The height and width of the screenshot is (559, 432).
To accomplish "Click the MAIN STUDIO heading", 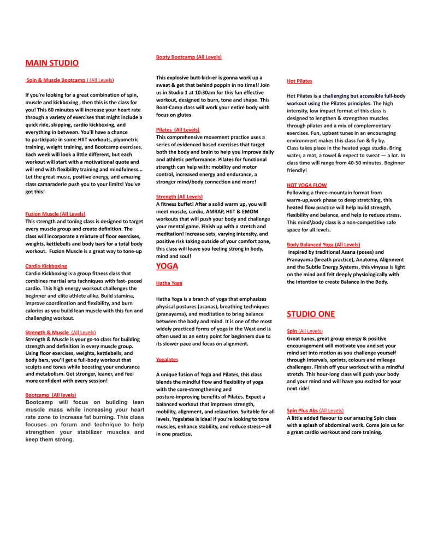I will pos(52,63).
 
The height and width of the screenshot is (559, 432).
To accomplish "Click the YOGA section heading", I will pos(167,266).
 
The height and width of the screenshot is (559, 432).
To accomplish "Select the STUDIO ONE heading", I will pos(311,314).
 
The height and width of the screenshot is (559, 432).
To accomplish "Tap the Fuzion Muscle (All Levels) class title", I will pos(55,213).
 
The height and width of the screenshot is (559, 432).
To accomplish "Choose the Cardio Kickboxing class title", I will pos(46,266).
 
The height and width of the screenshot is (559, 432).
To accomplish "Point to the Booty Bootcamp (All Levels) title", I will pos(188,57).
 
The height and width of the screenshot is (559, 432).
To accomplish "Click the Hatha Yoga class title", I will pos(169,283).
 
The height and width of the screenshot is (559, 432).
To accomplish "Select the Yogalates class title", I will pos(167,360).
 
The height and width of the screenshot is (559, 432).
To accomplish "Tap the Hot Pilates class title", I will pos(299,81).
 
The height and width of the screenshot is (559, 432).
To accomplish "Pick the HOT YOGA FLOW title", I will pos(306,186).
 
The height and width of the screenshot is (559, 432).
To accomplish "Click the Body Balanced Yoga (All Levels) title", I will pos(323,245).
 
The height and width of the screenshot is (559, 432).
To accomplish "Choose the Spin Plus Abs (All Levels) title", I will pos(315,410).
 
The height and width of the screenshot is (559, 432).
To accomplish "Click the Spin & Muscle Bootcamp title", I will pos(56,80).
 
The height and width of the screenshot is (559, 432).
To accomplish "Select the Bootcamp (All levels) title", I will pos(51,394).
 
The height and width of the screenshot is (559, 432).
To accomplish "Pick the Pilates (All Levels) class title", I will pos(177,129).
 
